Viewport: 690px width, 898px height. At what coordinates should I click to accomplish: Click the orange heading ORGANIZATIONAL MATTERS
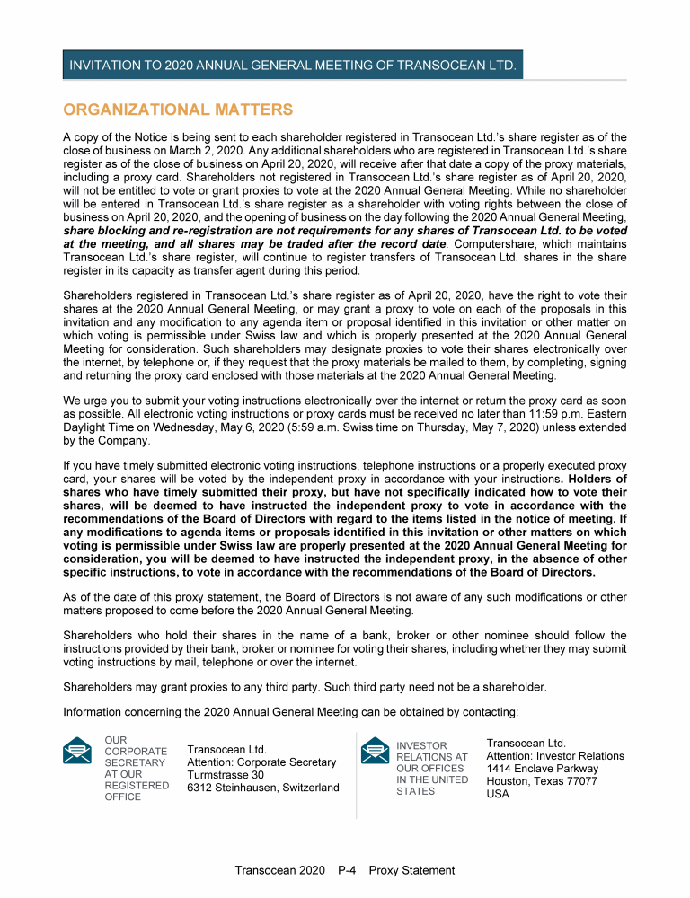[x=178, y=110]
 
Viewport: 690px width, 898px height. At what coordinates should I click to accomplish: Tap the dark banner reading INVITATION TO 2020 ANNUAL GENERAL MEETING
[x=293, y=66]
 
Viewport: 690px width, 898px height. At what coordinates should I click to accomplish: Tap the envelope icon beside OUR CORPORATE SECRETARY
[x=77, y=750]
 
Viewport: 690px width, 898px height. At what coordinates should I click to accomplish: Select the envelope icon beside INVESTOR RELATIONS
[x=374, y=750]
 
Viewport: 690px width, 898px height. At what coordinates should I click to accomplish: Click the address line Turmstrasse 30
[x=226, y=775]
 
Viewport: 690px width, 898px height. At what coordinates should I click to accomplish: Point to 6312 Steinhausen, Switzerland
[x=263, y=788]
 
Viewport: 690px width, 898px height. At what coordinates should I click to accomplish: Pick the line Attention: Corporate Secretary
[x=261, y=762]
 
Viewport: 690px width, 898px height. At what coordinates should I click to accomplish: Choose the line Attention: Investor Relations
[x=555, y=756]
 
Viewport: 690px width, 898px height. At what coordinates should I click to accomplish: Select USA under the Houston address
[x=498, y=794]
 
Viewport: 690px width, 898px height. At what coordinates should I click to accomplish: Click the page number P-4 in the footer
[x=349, y=870]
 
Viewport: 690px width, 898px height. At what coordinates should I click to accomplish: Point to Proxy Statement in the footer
[x=411, y=870]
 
